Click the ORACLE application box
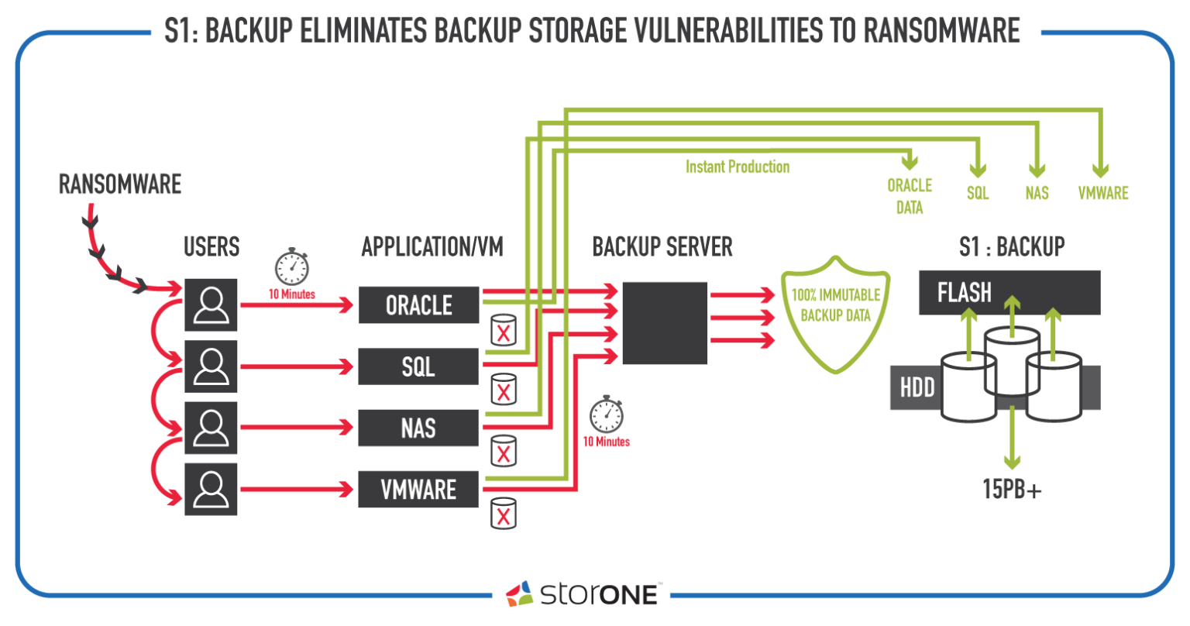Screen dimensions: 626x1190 click(x=418, y=305)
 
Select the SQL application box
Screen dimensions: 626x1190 click(x=418, y=366)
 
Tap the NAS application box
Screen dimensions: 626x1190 click(x=418, y=428)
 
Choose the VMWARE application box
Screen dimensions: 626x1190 click(x=418, y=490)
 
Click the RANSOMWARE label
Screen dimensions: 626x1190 click(x=120, y=184)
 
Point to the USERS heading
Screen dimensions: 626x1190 click(x=212, y=247)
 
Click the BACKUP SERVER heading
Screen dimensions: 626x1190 click(x=662, y=247)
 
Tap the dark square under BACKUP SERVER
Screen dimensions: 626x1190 click(x=665, y=323)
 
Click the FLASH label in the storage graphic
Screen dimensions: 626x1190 click(x=964, y=293)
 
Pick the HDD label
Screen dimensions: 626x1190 click(x=917, y=387)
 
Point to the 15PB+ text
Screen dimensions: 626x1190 click(x=1012, y=490)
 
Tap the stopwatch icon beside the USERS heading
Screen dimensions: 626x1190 click(x=292, y=267)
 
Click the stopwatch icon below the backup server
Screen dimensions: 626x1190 click(x=607, y=414)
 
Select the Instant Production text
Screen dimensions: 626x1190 click(x=738, y=167)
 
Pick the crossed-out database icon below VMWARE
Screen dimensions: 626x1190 click(x=503, y=513)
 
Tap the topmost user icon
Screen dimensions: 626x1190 click(x=211, y=304)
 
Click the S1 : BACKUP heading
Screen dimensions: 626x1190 click(x=1012, y=247)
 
